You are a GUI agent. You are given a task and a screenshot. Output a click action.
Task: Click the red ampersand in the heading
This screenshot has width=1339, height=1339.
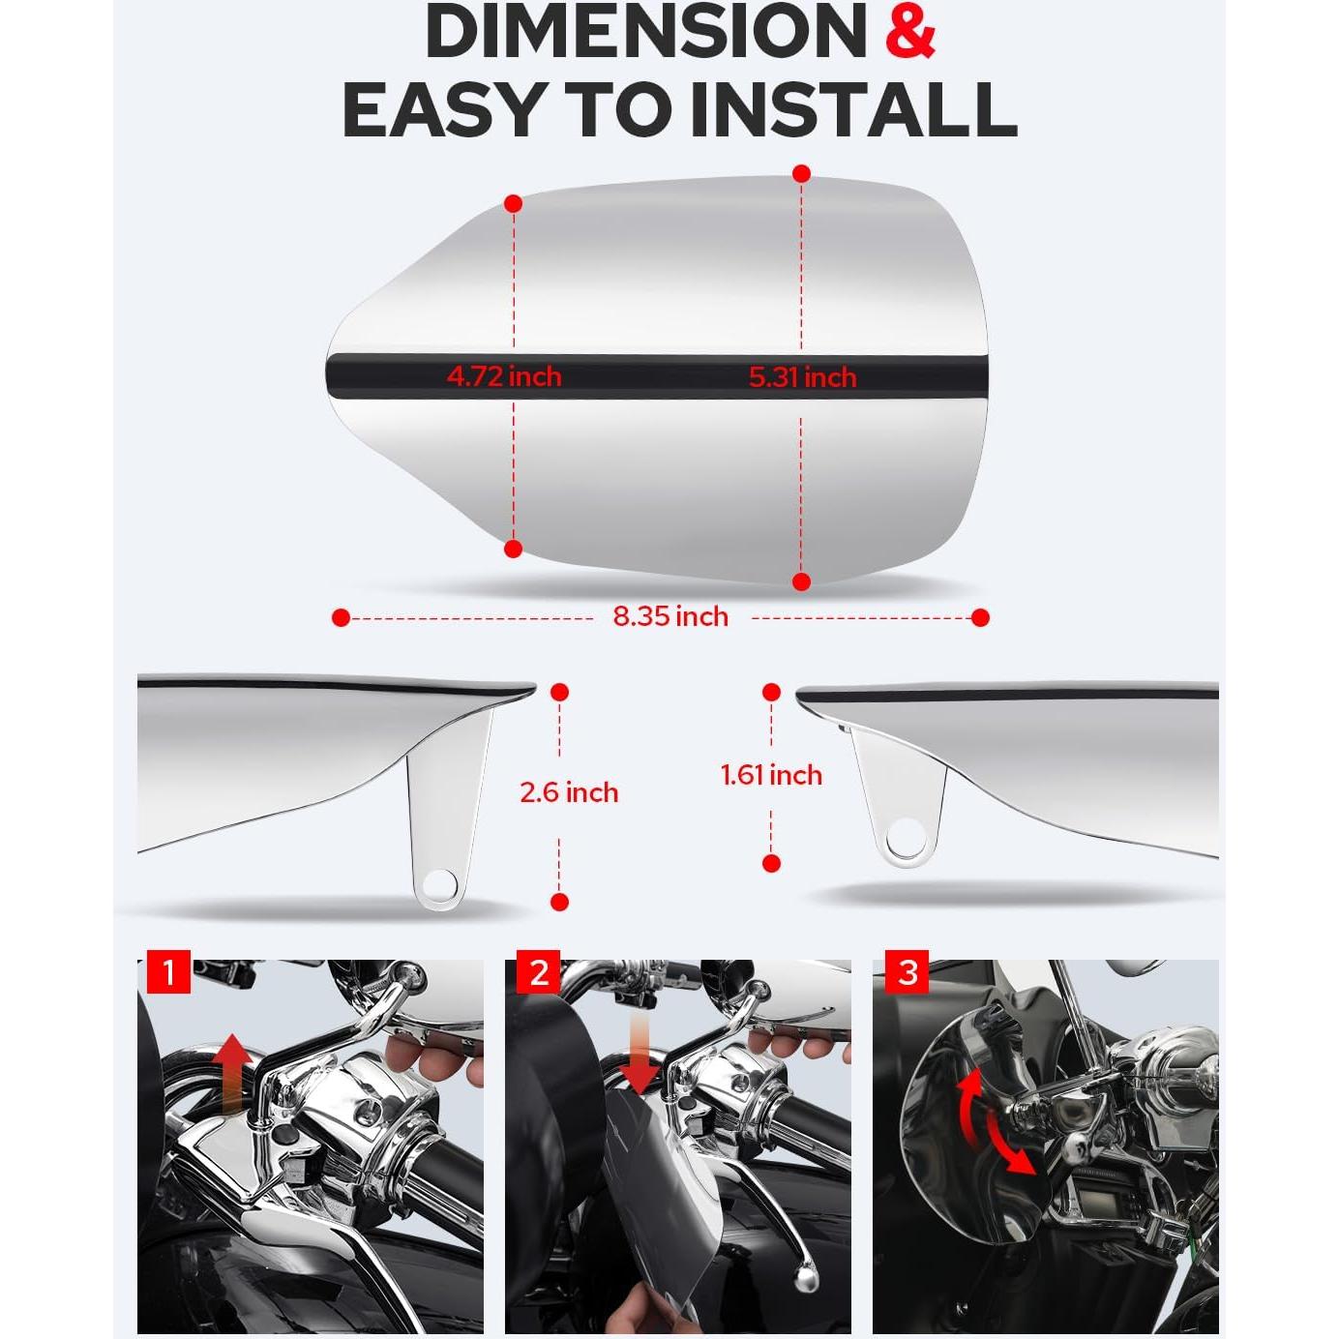pos(910,31)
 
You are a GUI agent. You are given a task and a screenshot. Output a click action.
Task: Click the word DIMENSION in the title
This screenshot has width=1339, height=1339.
pos(645,31)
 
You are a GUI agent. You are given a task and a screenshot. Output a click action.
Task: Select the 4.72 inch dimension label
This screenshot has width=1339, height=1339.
pos(504,375)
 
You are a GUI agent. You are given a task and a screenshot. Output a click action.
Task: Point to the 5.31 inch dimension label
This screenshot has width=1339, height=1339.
pos(802,376)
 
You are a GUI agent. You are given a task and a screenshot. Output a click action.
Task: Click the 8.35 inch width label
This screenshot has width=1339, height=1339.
pos(670,616)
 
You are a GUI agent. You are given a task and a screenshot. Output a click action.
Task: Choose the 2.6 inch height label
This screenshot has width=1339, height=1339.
pos(569,792)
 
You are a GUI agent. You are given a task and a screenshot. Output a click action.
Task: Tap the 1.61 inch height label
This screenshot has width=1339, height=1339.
pos(771,775)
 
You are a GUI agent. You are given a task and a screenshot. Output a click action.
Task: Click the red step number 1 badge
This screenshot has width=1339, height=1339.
pos(169,971)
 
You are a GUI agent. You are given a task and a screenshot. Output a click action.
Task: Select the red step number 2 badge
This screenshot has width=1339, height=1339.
pos(538,971)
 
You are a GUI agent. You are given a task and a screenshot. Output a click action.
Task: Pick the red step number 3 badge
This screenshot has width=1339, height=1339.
pos(908,972)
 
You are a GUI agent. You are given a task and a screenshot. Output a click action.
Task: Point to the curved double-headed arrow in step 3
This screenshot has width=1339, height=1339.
pos(993,1122)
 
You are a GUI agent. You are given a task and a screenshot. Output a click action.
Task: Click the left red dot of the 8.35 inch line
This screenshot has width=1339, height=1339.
pos(341,617)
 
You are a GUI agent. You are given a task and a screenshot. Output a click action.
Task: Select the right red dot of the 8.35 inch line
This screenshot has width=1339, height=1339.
pos(980,617)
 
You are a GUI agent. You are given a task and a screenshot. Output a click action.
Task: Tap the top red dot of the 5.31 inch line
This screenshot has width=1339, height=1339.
pos(801,174)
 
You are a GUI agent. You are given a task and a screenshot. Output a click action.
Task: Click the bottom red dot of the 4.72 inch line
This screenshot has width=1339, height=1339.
pos(514,550)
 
